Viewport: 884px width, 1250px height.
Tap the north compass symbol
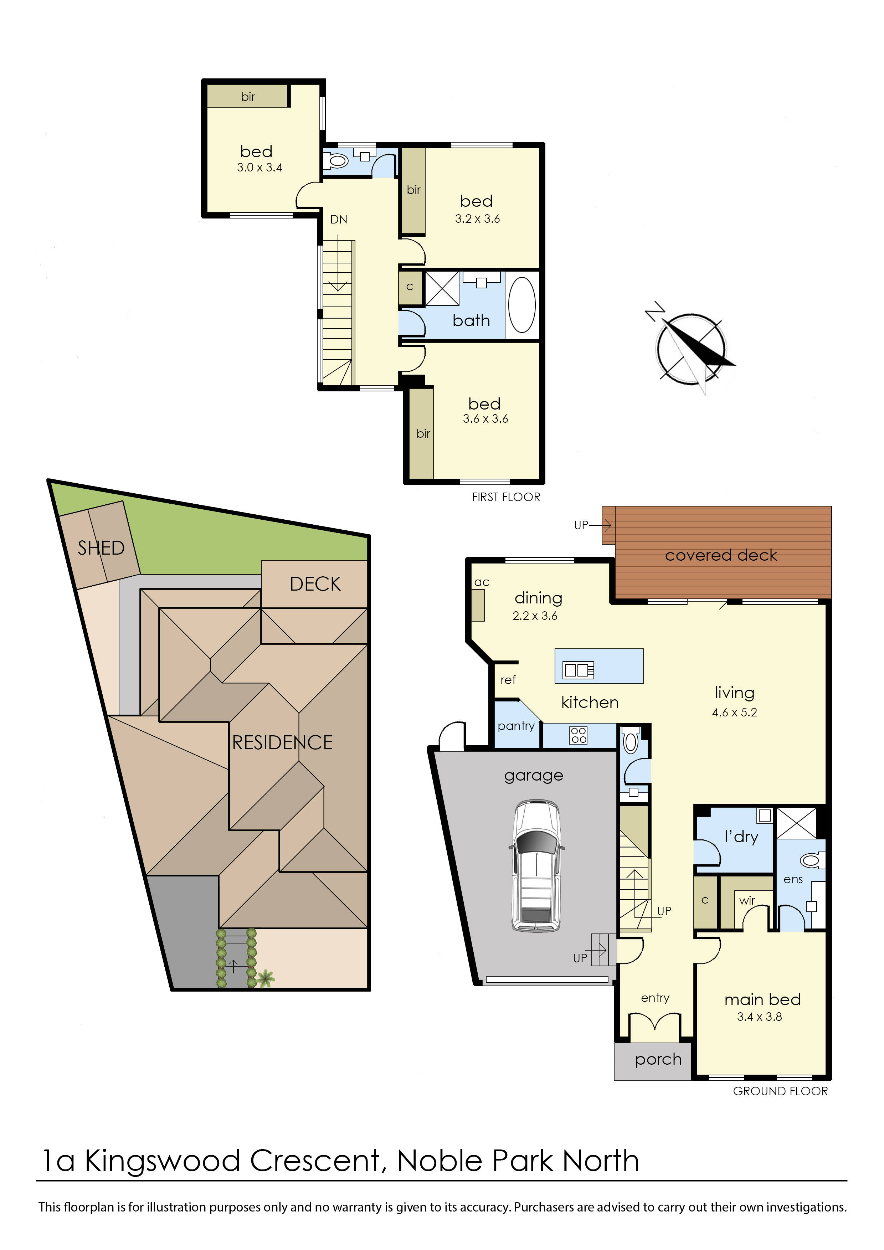point(691,349)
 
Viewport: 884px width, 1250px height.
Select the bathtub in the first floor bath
point(521,305)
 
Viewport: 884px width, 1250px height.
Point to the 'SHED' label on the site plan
point(101,548)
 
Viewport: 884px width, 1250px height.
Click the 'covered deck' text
point(721,555)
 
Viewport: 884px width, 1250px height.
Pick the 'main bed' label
point(762,999)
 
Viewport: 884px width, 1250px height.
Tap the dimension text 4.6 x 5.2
point(734,712)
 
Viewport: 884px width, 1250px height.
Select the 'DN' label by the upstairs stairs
point(339,220)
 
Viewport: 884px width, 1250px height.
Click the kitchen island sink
point(578,670)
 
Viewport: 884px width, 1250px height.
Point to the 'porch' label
point(658,1059)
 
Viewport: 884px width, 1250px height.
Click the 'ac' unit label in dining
point(482,582)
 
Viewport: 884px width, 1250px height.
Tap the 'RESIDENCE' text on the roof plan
point(282,742)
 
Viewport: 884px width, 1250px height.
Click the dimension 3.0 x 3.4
point(259,168)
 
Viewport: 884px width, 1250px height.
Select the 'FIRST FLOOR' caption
point(506,497)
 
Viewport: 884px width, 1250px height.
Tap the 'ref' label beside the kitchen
point(508,680)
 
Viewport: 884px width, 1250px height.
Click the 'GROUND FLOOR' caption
point(780,1091)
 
